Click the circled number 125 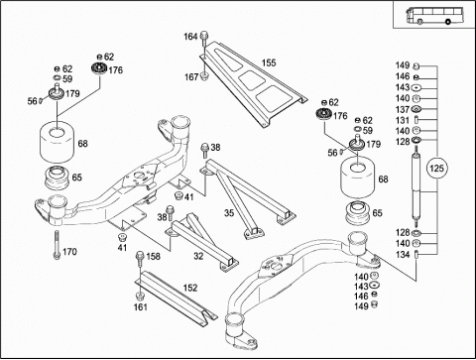(x=436, y=169)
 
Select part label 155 (x=269, y=62)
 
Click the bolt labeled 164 (x=203, y=39)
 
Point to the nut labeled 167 (x=204, y=76)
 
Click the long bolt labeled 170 (x=57, y=245)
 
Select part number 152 (x=190, y=288)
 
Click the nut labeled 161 (x=139, y=296)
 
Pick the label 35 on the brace (x=229, y=212)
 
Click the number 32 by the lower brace (x=198, y=256)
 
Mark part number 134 (x=403, y=254)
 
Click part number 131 (x=403, y=120)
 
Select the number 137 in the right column (x=403, y=109)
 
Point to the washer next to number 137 (x=416, y=109)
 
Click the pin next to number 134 (x=416, y=255)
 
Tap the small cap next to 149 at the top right (x=416, y=66)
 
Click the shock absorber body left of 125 (x=416, y=186)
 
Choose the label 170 (x=69, y=252)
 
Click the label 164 (x=190, y=37)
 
